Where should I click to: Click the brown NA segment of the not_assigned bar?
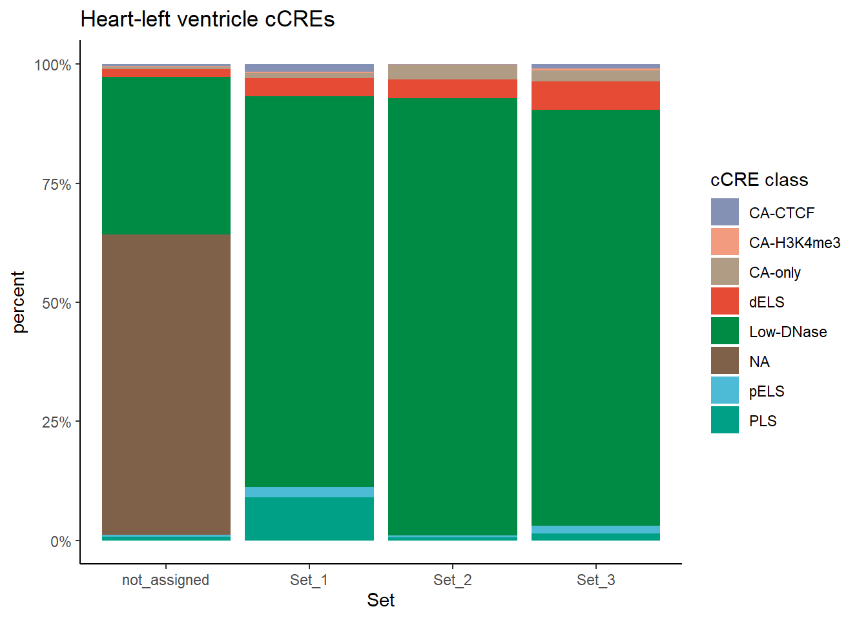(x=166, y=384)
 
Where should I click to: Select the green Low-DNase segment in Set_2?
(x=452, y=316)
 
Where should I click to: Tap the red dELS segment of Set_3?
(x=595, y=96)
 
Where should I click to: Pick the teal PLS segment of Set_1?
(x=309, y=519)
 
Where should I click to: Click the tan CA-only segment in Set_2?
(x=452, y=72)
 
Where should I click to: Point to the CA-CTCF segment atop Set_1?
(x=309, y=68)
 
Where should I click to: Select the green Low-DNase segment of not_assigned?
(x=166, y=156)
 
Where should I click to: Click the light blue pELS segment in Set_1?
(x=309, y=492)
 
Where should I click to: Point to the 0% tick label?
(x=61, y=542)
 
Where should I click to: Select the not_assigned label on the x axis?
(x=165, y=580)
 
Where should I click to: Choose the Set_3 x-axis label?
(x=595, y=580)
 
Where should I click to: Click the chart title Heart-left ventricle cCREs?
(x=207, y=19)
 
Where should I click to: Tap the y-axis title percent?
(x=19, y=302)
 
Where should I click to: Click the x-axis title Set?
(x=380, y=601)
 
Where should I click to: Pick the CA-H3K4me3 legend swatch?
(x=725, y=242)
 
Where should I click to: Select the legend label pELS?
(x=767, y=391)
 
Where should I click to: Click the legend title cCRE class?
(x=759, y=180)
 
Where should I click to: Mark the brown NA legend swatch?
(x=725, y=361)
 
